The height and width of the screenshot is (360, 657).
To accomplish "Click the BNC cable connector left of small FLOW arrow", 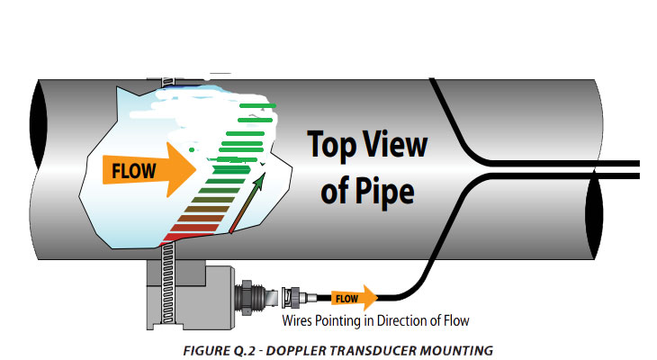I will [297, 296].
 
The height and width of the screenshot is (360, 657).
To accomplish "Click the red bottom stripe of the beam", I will [184, 236].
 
